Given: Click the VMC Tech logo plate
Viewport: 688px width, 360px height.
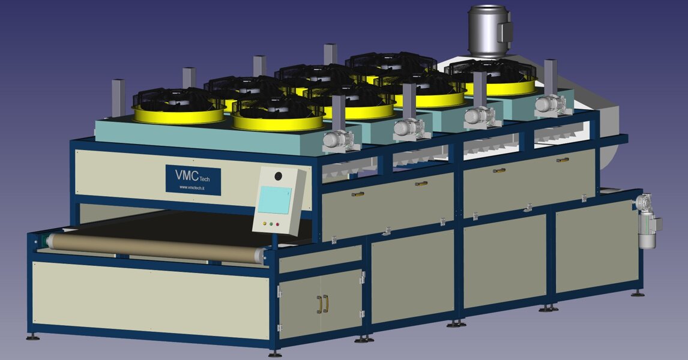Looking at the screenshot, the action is pos(193,179).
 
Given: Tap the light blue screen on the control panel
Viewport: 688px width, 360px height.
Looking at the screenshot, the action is pos(274,200).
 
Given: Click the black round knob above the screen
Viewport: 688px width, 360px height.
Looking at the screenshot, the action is pos(278,176).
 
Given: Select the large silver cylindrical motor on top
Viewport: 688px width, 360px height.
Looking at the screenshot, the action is pos(489,30).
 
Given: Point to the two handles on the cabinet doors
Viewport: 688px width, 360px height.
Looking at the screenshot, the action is pos(322,304).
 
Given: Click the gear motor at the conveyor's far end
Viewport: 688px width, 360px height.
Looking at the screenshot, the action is pos(648,221).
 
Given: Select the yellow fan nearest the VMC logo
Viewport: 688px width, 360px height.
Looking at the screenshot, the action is pos(179,106).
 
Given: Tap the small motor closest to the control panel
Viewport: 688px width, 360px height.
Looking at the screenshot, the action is pos(337,140).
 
